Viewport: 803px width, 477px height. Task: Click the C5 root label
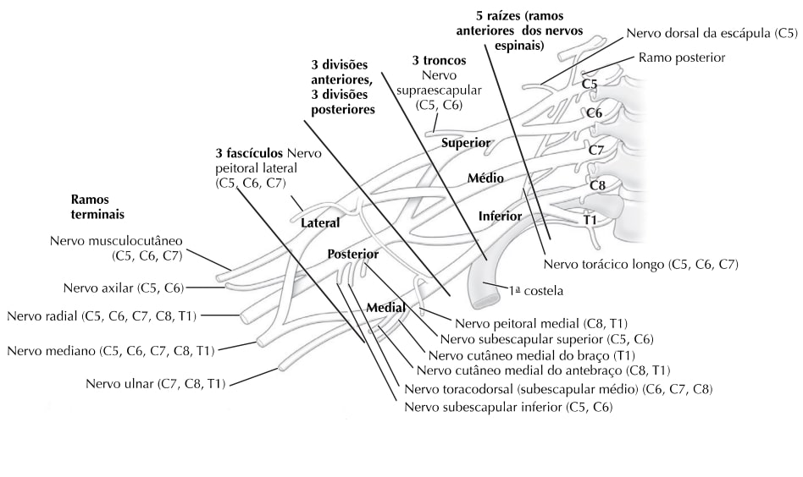590,85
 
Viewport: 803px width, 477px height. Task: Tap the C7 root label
595,150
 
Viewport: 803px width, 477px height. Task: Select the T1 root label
590,220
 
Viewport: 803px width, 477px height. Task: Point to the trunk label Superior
467,143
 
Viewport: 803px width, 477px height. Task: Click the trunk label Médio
485,178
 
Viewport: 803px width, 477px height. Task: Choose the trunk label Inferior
500,216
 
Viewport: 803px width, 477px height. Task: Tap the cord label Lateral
320,223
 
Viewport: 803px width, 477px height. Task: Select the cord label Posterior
352,254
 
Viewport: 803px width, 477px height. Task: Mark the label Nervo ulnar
156,384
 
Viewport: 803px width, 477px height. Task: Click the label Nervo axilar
124,288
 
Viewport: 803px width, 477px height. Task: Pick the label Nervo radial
102,316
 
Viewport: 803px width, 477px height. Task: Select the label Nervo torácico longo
641,265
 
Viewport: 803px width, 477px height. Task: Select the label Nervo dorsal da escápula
712,33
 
